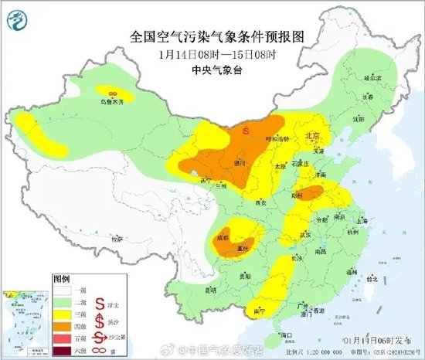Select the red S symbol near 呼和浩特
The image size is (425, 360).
click(246, 131)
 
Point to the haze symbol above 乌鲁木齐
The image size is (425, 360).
click(114, 91)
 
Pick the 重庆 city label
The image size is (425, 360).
click(243, 248)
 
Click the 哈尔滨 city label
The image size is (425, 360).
click(373, 78)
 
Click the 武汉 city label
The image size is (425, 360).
click(306, 233)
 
